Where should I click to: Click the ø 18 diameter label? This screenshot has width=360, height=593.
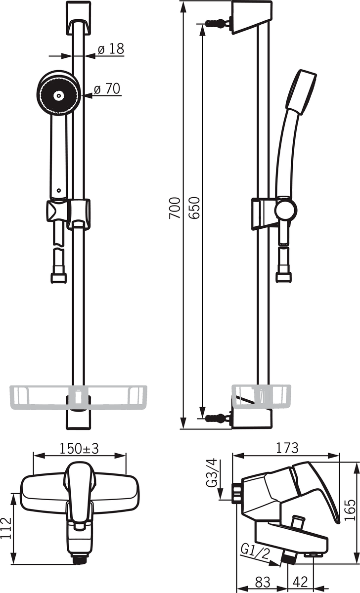click(x=111, y=49)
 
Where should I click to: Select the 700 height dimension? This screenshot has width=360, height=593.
click(x=175, y=208)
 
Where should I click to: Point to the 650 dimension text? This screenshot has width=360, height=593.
click(x=194, y=208)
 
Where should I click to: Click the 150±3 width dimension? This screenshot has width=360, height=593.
click(x=79, y=449)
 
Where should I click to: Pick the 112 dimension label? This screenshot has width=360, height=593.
click(x=6, y=528)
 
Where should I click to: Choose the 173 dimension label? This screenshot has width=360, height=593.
click(x=287, y=448)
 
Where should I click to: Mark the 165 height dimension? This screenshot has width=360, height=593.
click(x=350, y=510)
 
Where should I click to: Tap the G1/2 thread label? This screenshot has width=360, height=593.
click(x=255, y=552)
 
